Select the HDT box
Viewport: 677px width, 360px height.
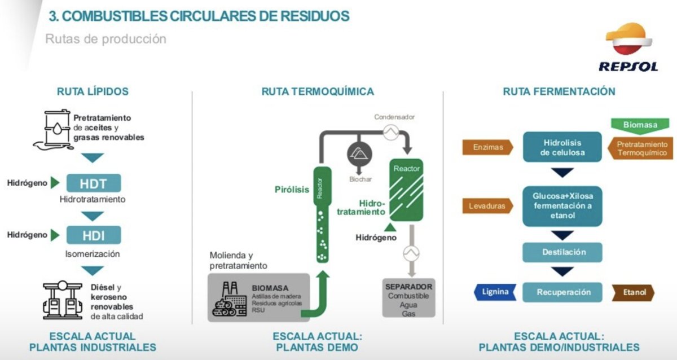(x=94, y=183)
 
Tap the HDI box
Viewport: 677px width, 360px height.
(x=94, y=235)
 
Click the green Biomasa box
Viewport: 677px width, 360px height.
(x=640, y=125)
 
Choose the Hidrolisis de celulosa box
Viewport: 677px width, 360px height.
(x=562, y=147)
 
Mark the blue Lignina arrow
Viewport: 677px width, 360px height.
(x=494, y=292)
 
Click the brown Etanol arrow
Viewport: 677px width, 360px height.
(x=634, y=292)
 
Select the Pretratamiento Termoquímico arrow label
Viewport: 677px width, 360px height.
(x=641, y=148)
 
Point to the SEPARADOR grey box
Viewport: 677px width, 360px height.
(x=408, y=297)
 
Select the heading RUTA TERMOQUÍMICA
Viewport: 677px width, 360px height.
(x=317, y=91)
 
